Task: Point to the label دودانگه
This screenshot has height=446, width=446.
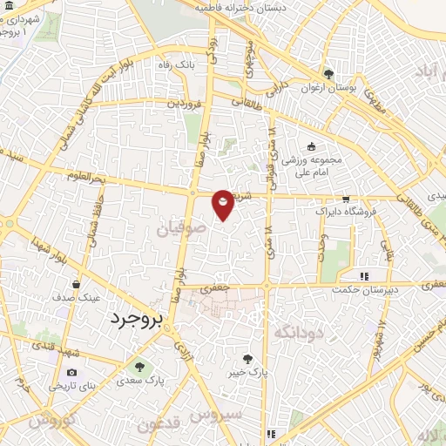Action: click(x=299, y=332)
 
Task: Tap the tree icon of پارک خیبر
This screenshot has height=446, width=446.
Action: click(x=248, y=358)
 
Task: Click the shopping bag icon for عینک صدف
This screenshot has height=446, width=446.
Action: click(x=78, y=285)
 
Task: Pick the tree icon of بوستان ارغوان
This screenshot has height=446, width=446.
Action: click(x=328, y=75)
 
